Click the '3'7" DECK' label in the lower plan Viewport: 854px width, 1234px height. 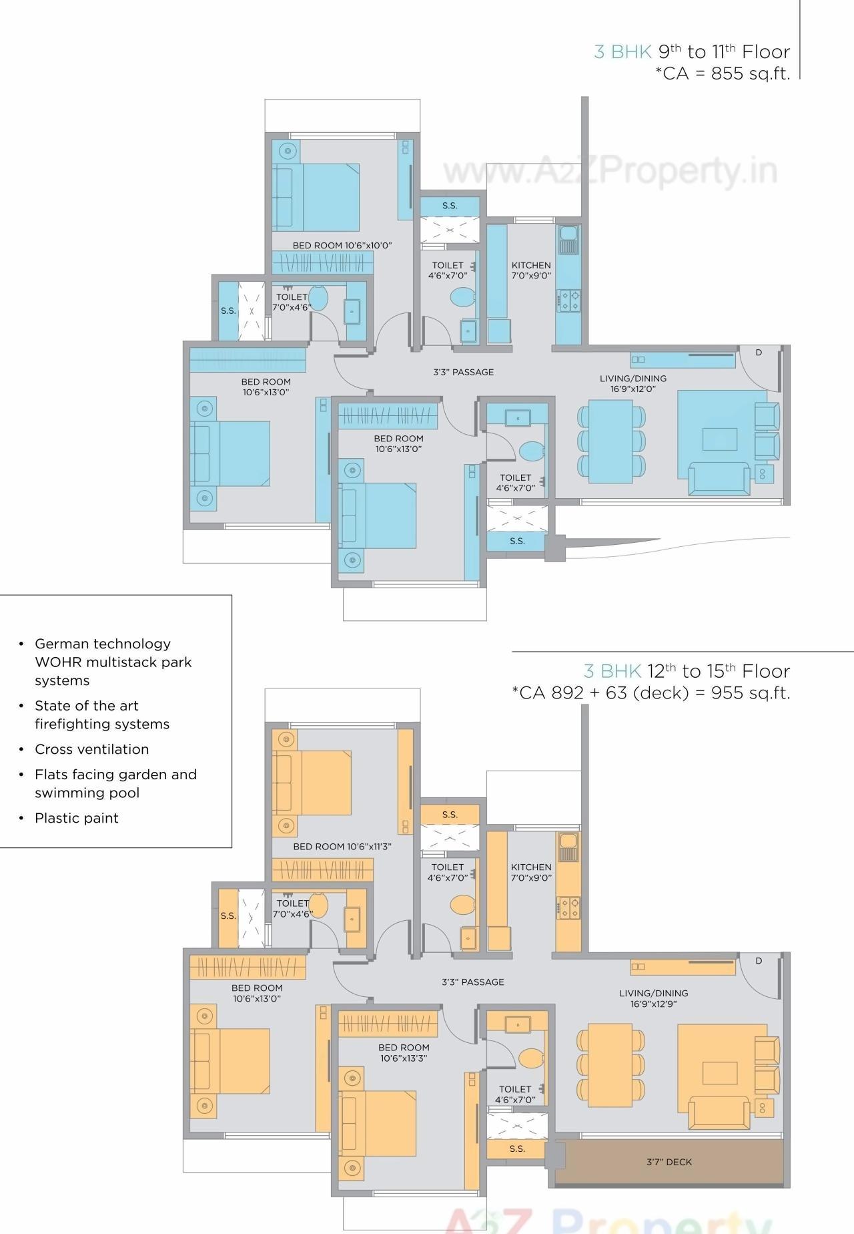[x=669, y=1162]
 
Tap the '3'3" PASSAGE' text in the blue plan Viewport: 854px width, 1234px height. [x=463, y=372]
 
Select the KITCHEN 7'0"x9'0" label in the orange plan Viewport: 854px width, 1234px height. [x=531, y=872]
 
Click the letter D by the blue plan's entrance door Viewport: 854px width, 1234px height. [x=759, y=353]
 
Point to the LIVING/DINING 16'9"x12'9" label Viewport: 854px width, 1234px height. [x=653, y=998]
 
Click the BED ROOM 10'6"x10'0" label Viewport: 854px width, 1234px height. [x=342, y=245]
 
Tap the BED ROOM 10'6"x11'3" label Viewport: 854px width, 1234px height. [x=342, y=846]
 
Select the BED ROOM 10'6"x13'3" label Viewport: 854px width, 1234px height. [x=404, y=1052]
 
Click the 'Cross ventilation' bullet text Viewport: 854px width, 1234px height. [x=91, y=749]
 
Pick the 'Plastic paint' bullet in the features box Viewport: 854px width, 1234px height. [x=76, y=818]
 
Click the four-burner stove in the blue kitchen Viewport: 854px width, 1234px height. [x=569, y=300]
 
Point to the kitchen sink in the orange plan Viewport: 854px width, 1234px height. [x=568, y=847]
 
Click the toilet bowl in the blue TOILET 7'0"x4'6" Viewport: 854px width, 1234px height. [x=318, y=298]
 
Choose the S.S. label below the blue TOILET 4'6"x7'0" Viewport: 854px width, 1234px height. [x=517, y=541]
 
